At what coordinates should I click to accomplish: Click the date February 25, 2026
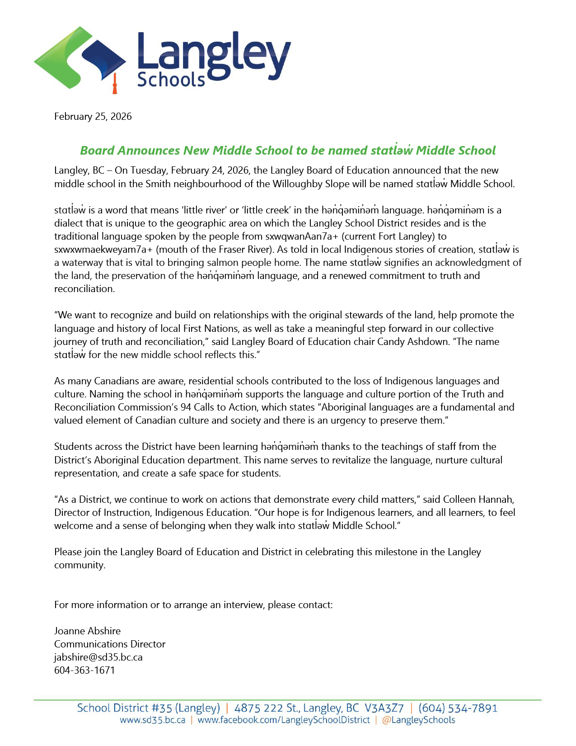[x=93, y=117]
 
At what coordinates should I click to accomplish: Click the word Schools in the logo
[x=171, y=80]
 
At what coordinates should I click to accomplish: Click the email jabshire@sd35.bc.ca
[x=98, y=657]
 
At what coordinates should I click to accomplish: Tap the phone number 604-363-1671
[x=84, y=670]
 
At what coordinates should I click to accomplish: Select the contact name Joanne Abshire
[x=87, y=631]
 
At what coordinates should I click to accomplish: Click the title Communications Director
[x=110, y=644]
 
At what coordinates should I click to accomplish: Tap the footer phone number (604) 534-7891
[x=458, y=708]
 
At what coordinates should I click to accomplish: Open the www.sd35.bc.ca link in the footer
[x=152, y=720]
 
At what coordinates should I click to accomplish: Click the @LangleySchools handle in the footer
[x=418, y=720]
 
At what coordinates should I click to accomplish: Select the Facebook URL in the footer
[x=284, y=720]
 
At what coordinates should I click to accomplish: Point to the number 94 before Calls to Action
[x=185, y=407]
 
